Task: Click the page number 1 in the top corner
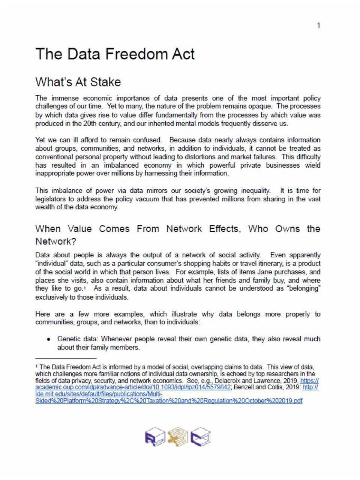[318, 25]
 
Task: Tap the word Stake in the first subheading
[107, 82]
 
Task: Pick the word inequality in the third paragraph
[252, 190]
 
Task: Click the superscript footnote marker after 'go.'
[85, 288]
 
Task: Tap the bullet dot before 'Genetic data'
[49, 339]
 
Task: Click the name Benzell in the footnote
[244, 387]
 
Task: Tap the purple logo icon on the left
[155, 437]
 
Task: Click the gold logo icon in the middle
[178, 437]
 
